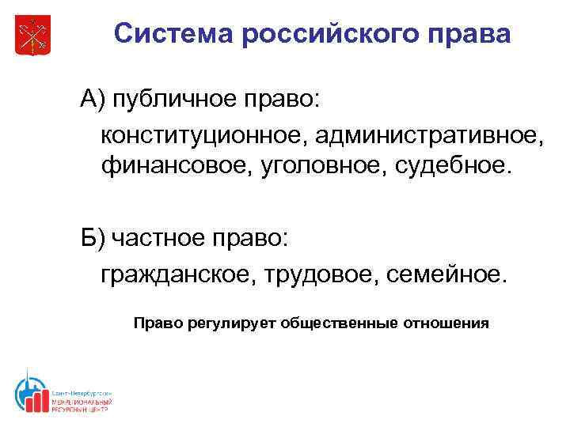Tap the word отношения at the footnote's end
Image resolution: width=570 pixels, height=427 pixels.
tap(448, 324)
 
